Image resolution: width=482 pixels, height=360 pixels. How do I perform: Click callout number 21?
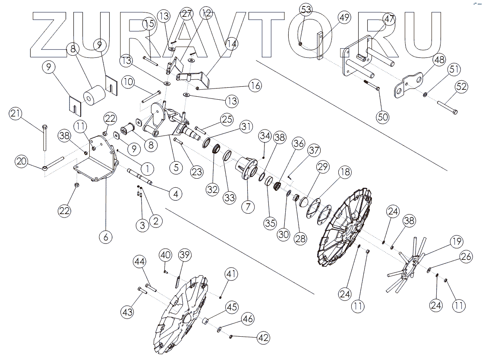tap(16, 114)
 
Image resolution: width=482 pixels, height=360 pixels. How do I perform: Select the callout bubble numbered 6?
tap(106, 236)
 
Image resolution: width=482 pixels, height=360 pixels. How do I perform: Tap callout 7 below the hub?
tap(247, 206)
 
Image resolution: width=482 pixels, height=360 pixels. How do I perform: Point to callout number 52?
tap(461, 87)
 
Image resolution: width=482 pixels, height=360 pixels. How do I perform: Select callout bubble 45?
tap(232, 307)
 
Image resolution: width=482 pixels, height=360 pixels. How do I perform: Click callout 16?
tap(255, 85)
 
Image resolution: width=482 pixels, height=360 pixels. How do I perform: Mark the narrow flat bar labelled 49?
tap(321, 45)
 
